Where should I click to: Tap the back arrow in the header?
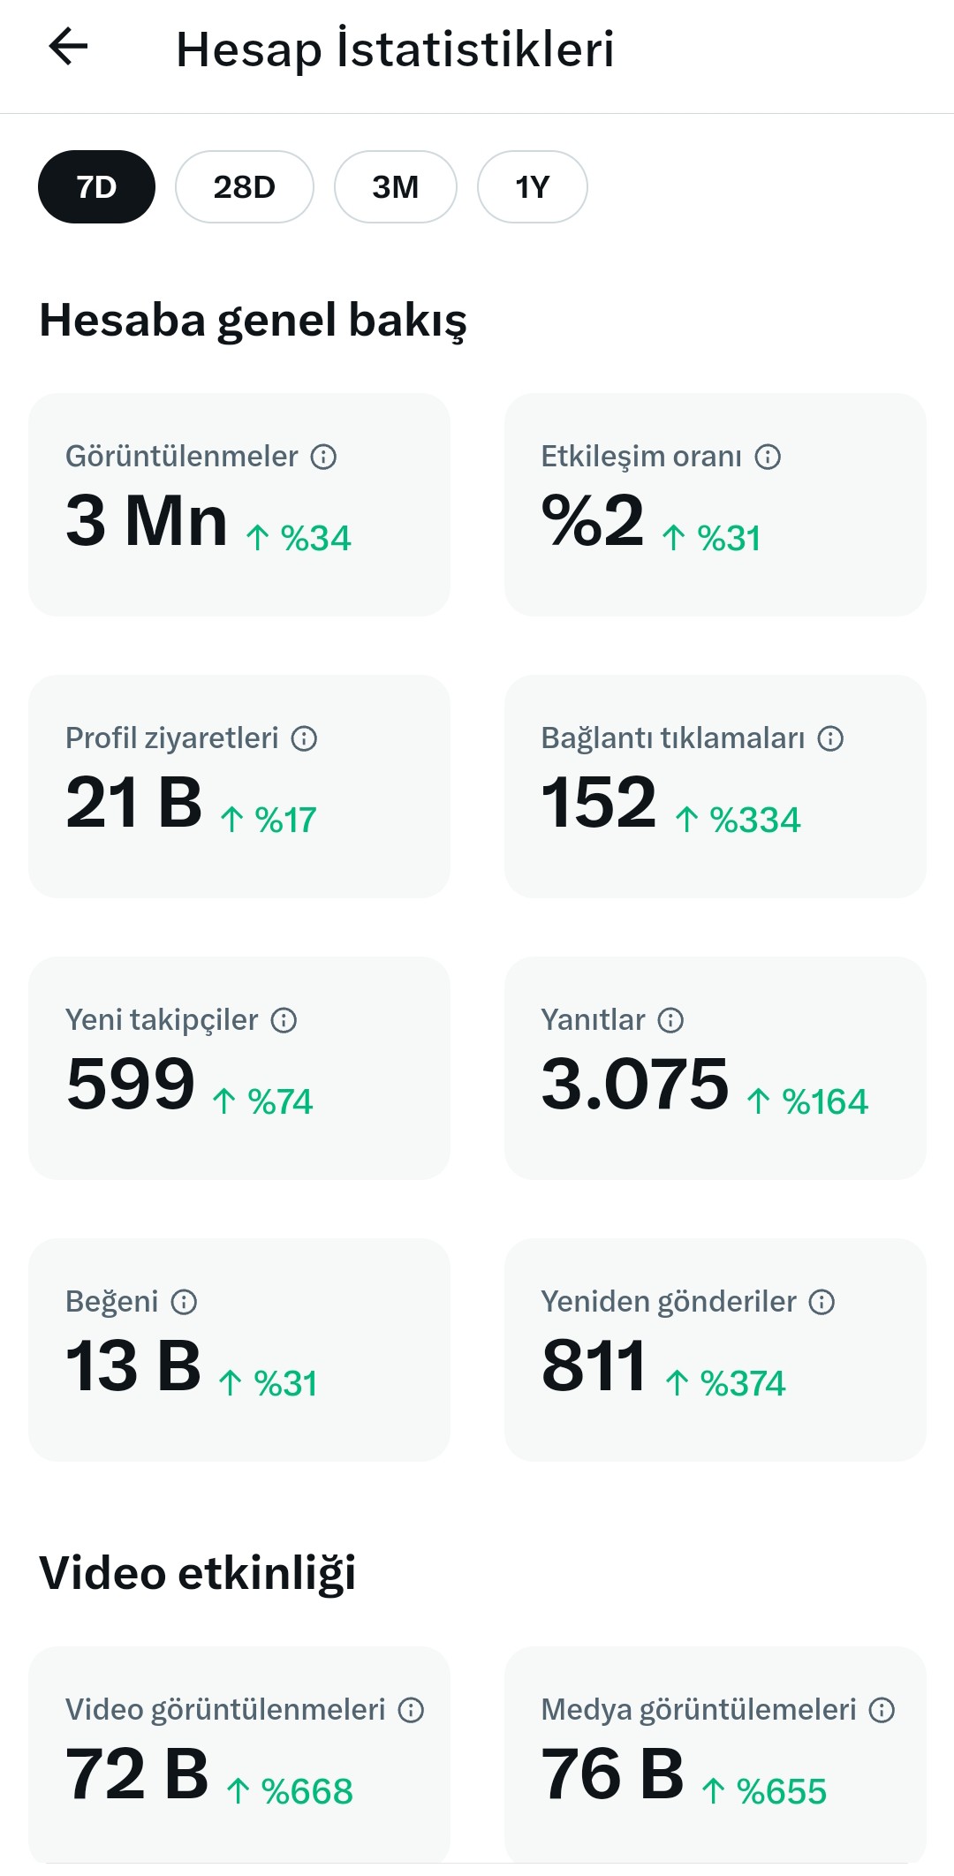(68, 47)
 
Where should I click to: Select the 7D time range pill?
(96, 187)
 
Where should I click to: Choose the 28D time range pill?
(245, 187)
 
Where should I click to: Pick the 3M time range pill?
(396, 187)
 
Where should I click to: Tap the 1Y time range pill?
(533, 187)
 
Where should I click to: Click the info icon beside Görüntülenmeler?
(324, 457)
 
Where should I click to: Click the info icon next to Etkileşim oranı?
(768, 457)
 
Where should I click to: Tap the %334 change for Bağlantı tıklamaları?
(755, 820)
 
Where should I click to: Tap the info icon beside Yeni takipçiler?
(284, 1020)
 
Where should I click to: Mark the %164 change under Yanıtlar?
(825, 1101)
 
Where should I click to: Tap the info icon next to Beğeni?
(184, 1302)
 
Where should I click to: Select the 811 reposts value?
(594, 1365)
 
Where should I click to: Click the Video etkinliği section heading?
(198, 1574)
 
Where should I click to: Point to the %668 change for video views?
(307, 1791)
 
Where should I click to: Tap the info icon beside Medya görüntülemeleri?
(882, 1710)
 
